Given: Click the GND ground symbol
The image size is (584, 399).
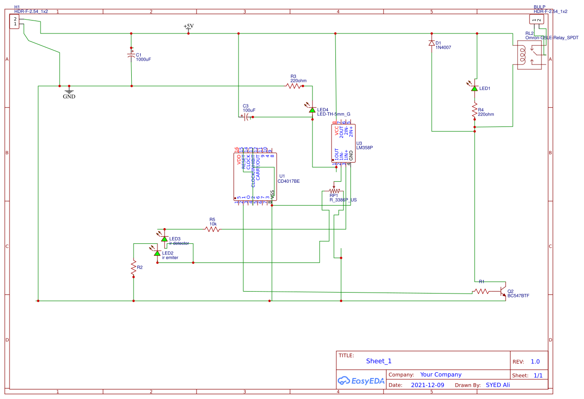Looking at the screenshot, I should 69,90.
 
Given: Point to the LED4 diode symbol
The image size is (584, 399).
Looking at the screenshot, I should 312,110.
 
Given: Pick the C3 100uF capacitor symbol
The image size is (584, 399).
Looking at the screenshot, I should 247,117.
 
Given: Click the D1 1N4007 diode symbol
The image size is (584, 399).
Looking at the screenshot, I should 431,43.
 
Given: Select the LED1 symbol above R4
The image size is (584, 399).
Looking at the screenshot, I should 474,88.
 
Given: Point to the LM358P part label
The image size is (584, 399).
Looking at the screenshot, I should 365,148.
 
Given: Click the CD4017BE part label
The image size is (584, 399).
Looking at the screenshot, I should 289,181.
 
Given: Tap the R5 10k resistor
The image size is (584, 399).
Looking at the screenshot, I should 212,229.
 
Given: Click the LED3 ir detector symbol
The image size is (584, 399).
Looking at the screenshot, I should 164,238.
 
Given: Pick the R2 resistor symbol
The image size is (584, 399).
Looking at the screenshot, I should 134,269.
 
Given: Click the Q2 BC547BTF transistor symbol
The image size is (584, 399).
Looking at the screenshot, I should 502,290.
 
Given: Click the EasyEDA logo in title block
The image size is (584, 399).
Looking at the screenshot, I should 361,380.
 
